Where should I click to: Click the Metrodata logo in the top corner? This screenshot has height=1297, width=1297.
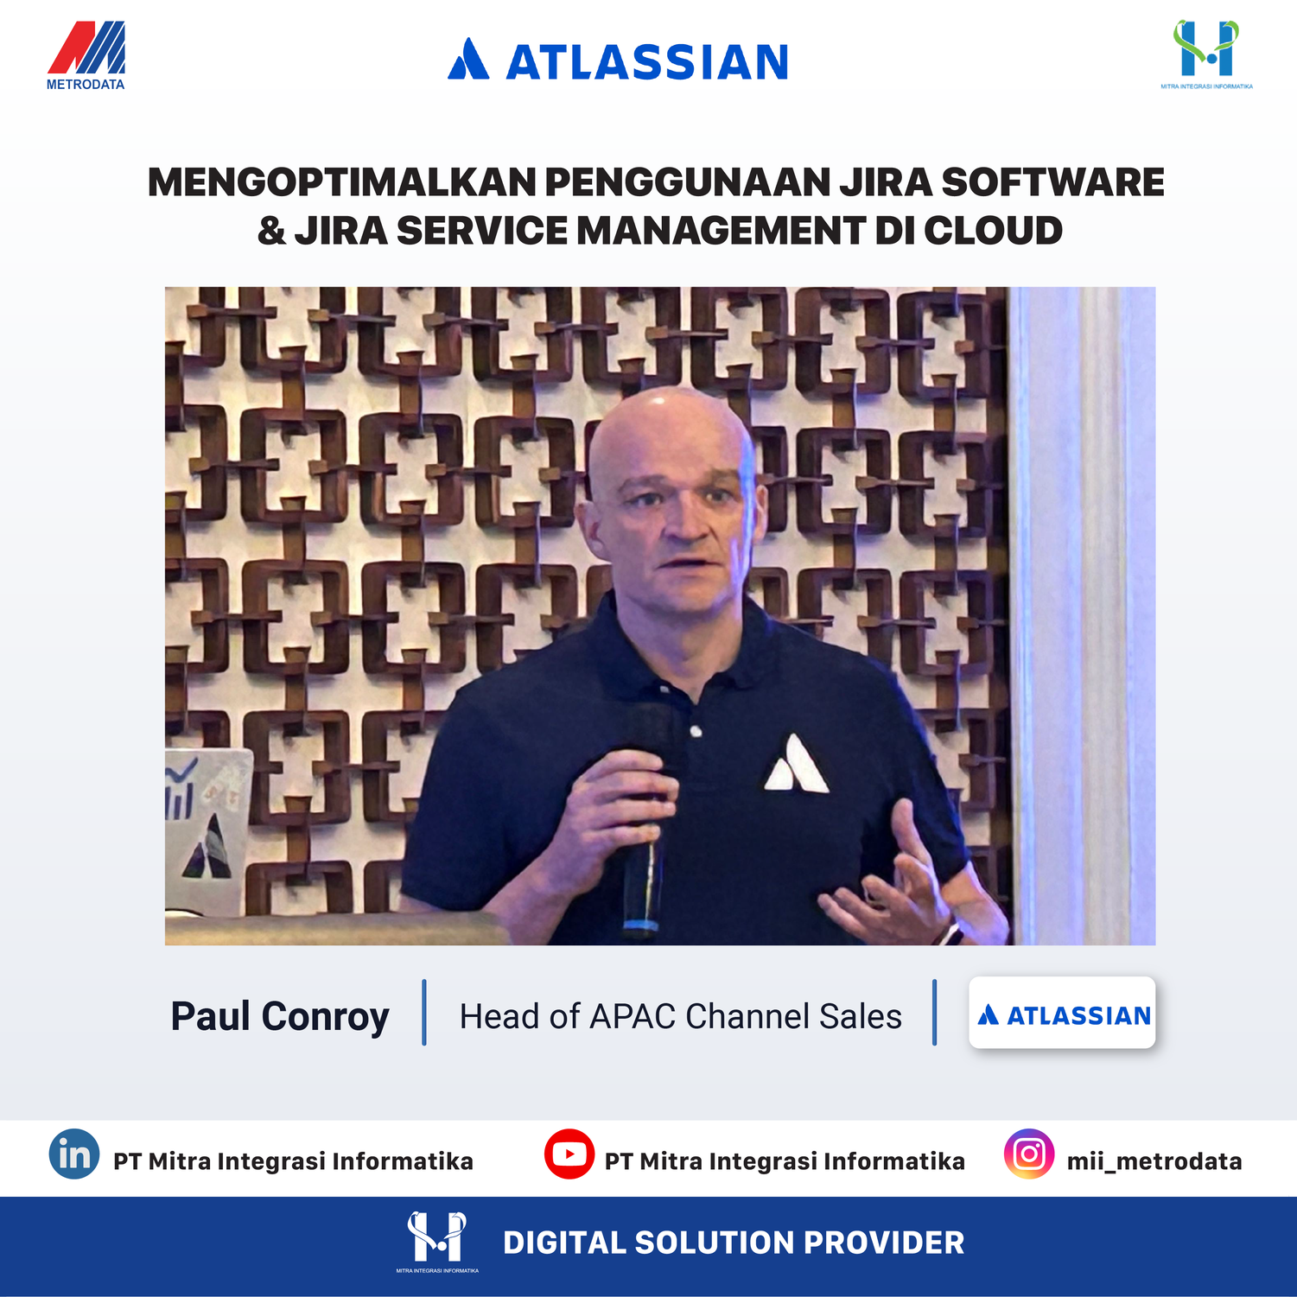pyautogui.click(x=86, y=55)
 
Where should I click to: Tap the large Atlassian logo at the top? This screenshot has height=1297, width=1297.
pyautogui.click(x=618, y=60)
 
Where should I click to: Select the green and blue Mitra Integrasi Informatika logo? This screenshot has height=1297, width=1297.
pyautogui.click(x=1206, y=54)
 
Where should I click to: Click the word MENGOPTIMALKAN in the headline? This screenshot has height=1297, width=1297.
pyautogui.click(x=342, y=182)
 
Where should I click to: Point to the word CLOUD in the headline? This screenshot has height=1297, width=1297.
pyautogui.click(x=993, y=231)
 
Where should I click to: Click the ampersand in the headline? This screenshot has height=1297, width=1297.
pyautogui.click(x=271, y=231)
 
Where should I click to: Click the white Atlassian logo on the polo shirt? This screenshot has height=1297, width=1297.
pyautogui.click(x=796, y=764)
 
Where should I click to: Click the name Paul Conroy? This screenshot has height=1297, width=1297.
pyautogui.click(x=280, y=1016)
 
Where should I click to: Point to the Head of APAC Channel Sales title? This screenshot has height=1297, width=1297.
pyautogui.click(x=681, y=1016)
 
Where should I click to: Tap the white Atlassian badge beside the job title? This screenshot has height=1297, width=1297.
pyautogui.click(x=1062, y=1013)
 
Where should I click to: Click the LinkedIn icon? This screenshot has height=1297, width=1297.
pyautogui.click(x=74, y=1154)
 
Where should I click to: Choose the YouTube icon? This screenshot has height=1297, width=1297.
pyautogui.click(x=569, y=1154)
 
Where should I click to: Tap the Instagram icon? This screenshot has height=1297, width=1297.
pyautogui.click(x=1029, y=1154)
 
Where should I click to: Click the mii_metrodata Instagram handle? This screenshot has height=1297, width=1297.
pyautogui.click(x=1154, y=1160)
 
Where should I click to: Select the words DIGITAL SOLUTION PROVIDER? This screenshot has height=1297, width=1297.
pyautogui.click(x=734, y=1243)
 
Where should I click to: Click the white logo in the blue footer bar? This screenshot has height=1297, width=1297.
pyautogui.click(x=437, y=1242)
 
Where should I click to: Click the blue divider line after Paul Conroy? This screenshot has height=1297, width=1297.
pyautogui.click(x=424, y=1013)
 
